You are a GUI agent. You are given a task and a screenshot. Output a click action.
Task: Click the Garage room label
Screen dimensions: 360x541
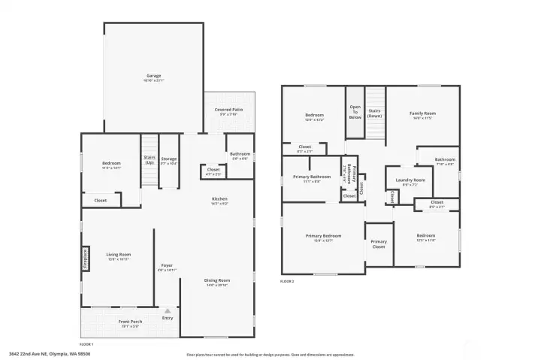(153, 76)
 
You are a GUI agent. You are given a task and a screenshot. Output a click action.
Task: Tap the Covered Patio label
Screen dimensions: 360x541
(228, 110)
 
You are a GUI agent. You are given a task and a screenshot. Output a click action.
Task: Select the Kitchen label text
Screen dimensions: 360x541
(219, 198)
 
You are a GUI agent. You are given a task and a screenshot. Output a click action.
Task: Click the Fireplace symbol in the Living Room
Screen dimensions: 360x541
(85, 258)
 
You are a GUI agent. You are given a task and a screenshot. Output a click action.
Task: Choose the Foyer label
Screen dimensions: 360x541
(167, 266)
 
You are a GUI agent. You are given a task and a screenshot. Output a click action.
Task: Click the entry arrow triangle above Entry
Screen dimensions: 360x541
(168, 310)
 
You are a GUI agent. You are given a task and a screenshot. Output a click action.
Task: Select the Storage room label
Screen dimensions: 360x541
(168, 159)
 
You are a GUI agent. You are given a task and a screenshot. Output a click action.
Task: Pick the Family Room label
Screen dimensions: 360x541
(422, 113)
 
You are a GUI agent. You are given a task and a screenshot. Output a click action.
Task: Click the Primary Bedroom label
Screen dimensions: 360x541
(323, 236)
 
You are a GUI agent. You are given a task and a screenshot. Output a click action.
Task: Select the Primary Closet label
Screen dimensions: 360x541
(378, 244)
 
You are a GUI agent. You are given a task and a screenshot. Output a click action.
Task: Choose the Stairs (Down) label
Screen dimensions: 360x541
(375, 113)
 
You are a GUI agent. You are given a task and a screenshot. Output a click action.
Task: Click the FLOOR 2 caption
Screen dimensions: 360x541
(288, 281)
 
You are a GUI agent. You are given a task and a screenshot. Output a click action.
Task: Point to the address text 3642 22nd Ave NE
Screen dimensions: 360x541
(38, 354)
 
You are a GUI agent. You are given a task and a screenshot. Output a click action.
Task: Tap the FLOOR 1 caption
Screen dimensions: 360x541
(86, 343)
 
